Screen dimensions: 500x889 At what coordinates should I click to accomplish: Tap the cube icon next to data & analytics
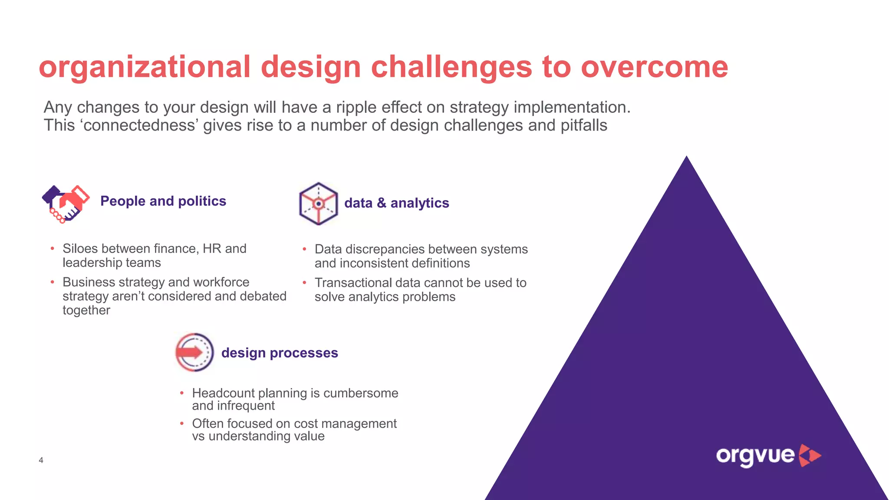[318, 204]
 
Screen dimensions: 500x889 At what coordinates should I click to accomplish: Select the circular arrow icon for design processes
[194, 352]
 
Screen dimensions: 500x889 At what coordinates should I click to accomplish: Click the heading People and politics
[163, 201]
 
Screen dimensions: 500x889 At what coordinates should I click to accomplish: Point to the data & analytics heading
[396, 203]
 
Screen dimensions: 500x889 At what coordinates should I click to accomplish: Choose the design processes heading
[279, 352]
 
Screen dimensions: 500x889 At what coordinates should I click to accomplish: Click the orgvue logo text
[755, 456]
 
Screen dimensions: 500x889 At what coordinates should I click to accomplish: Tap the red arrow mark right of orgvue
[810, 456]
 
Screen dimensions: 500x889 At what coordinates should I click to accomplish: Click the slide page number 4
[41, 460]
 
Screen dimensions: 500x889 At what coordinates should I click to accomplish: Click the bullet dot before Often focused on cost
[182, 423]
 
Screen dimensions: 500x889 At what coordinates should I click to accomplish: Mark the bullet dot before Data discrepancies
[305, 249]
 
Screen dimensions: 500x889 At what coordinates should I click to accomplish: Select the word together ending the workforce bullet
[86, 310]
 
